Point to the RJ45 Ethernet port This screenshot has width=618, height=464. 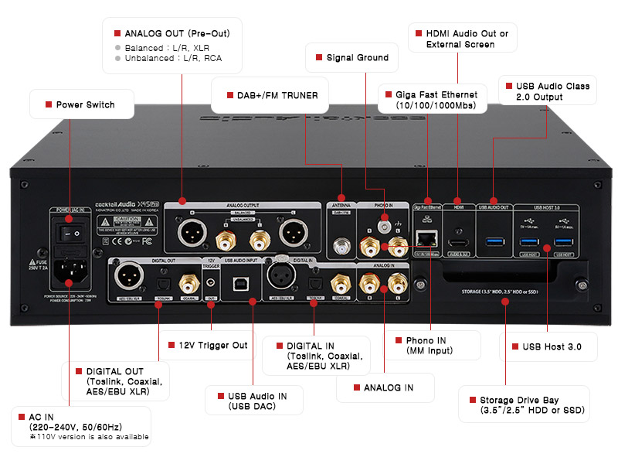(424, 239)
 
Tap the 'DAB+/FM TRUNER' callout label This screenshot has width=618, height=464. (271, 95)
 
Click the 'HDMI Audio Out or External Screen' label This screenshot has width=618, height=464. (461, 39)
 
